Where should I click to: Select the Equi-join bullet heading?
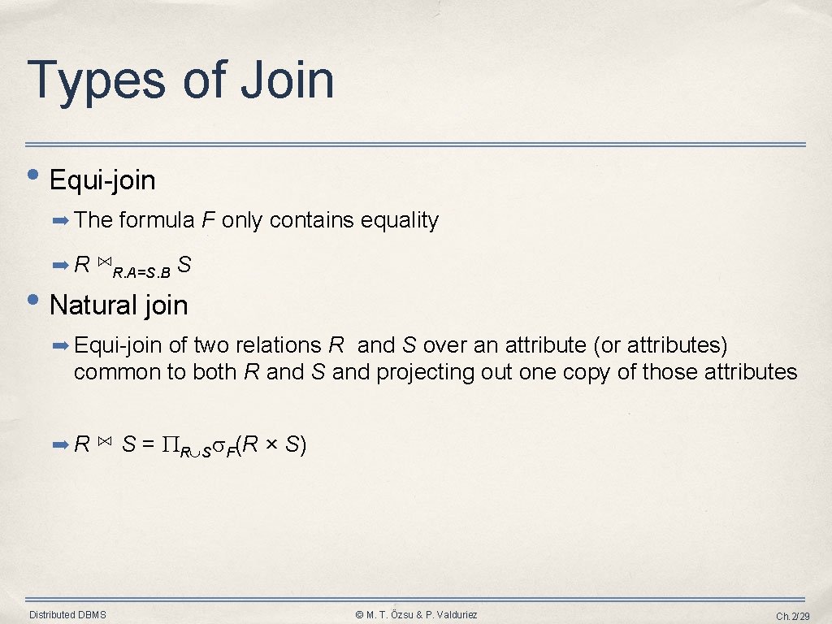(102, 180)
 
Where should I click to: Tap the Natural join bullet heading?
(119, 305)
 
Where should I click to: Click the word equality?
(400, 220)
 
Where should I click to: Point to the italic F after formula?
(206, 220)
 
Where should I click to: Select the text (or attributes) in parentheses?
(660, 345)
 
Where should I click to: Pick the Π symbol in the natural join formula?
(168, 444)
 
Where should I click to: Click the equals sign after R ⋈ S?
(148, 444)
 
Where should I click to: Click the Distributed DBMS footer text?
(67, 615)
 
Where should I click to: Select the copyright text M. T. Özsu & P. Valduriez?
(417, 615)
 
